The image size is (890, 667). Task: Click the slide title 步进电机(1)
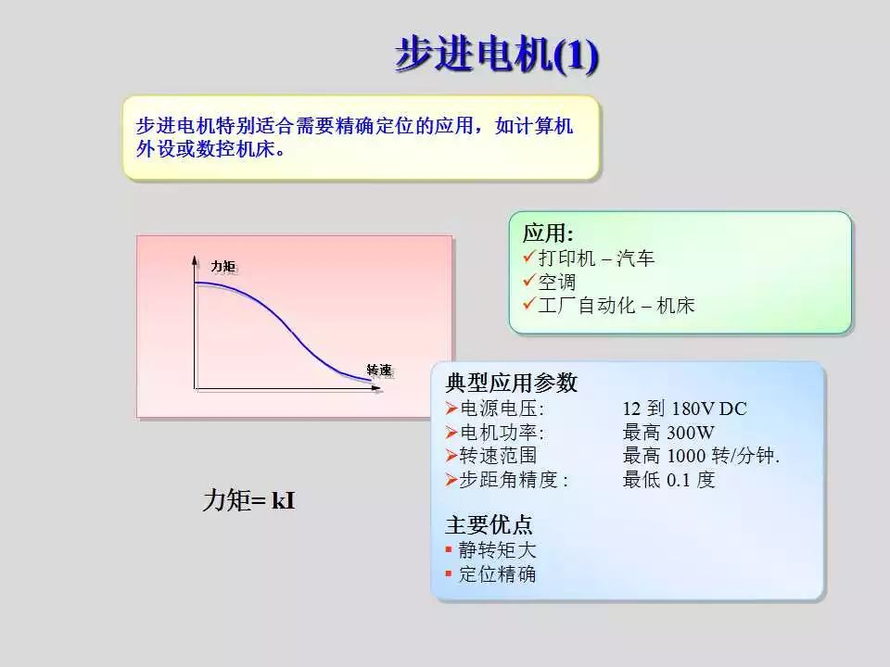pyautogui.click(x=497, y=55)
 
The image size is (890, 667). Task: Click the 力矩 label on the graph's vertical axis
pyautogui.click(x=222, y=267)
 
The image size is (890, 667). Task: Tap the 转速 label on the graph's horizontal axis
pyautogui.click(x=379, y=370)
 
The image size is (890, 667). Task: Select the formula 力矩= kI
pyautogui.click(x=248, y=502)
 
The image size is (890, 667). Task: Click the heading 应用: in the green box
pyautogui.click(x=548, y=233)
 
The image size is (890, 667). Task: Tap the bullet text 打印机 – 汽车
pyautogui.click(x=596, y=258)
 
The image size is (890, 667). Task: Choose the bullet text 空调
pyautogui.click(x=557, y=282)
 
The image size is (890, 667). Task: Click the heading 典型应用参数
pyautogui.click(x=511, y=384)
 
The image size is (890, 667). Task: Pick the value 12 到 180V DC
pyautogui.click(x=684, y=409)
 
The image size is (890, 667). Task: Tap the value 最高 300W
pyautogui.click(x=667, y=433)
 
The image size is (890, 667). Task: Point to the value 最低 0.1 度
pyautogui.click(x=668, y=480)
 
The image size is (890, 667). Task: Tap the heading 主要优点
pyautogui.click(x=489, y=525)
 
